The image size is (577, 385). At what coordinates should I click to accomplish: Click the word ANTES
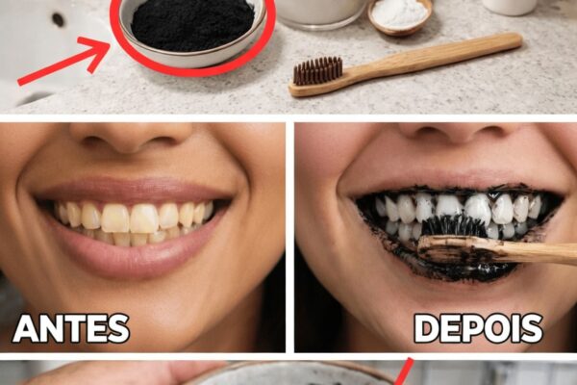pyautogui.click(x=71, y=328)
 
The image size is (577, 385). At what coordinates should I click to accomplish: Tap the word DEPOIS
pyautogui.click(x=478, y=328)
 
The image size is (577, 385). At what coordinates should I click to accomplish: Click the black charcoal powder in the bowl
pyautogui.click(x=193, y=25)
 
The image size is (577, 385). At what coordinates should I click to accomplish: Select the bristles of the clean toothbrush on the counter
pyautogui.click(x=318, y=70)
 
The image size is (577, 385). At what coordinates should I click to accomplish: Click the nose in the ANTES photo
pyautogui.click(x=131, y=139)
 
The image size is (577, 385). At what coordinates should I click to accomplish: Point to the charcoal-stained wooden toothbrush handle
pyautogui.click(x=497, y=250)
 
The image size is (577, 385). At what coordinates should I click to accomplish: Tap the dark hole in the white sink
pyautogui.click(x=58, y=20)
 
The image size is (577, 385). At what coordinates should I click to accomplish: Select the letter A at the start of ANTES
pyautogui.click(x=25, y=328)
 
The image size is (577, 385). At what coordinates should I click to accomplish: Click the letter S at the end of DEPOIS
pyautogui.click(x=532, y=328)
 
